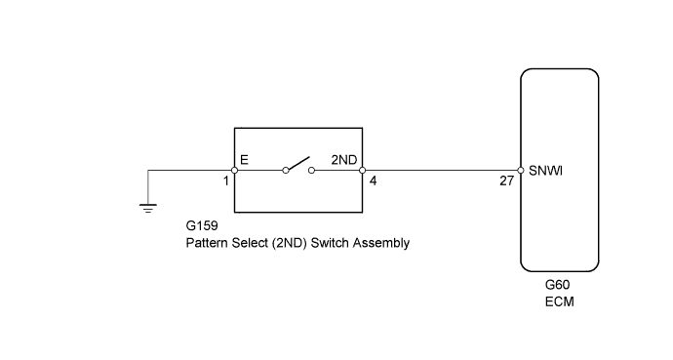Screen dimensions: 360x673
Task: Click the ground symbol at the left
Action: pos(147,206)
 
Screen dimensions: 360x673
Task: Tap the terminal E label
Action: pos(244,156)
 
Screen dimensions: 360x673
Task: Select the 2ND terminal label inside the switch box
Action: pos(343,156)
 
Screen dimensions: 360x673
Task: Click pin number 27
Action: pos(505,181)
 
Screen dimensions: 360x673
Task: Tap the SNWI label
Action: pos(546,170)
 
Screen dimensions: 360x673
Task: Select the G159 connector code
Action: pos(203,227)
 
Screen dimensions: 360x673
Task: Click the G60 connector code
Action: pos(558,286)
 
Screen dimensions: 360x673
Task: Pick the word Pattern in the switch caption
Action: pos(208,243)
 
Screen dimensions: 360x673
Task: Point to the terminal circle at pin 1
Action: pos(235,170)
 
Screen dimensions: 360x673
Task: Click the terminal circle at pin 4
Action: pos(362,170)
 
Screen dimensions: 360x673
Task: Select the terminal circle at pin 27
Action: pos(520,170)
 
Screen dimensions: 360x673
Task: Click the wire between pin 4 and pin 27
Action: pos(439,170)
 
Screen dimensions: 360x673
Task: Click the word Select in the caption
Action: pos(251,243)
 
